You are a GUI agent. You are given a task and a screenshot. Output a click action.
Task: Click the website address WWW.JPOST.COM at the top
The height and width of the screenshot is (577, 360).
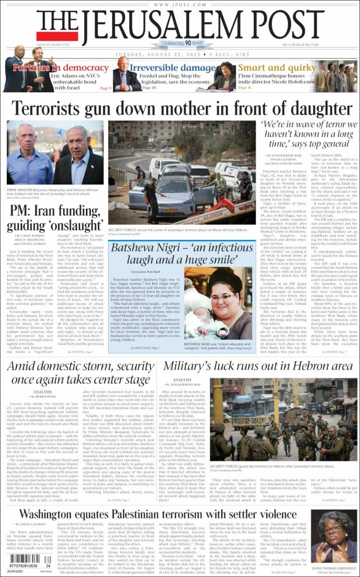point(180,4)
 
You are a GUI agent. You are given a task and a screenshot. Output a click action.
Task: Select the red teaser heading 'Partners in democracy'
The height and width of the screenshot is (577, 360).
point(61,68)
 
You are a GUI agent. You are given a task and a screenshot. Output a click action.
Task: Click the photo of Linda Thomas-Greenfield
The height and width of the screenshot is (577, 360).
point(333,540)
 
